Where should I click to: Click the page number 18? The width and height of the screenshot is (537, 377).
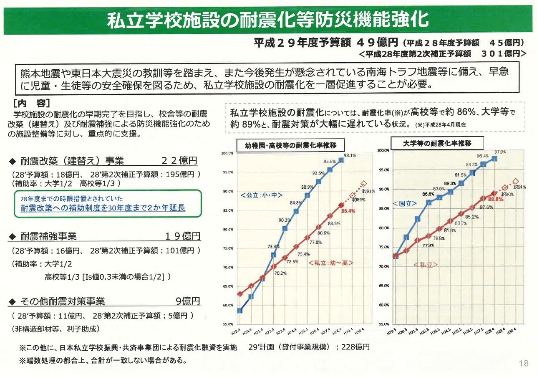[523, 363]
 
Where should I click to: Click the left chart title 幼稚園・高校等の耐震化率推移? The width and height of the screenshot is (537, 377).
[290, 145]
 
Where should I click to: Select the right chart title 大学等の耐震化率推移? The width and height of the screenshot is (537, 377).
[437, 143]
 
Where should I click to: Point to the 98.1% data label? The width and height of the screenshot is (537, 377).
[350, 155]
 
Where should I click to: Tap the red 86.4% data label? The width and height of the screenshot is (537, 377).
[348, 211]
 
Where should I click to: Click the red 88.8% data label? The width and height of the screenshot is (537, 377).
[496, 200]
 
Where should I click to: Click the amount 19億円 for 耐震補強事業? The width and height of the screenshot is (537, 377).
[183, 237]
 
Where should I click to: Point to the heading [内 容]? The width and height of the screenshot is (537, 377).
[32, 102]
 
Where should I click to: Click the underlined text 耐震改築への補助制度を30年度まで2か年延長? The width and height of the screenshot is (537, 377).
[103, 208]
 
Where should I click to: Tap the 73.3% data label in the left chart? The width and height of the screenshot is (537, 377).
[274, 247]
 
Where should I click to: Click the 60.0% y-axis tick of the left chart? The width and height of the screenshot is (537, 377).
[227, 305]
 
